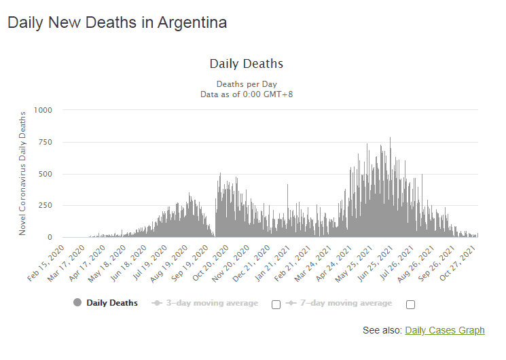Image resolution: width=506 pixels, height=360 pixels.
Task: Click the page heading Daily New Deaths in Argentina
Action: [117, 22]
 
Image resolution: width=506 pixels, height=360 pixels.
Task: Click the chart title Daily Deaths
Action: [246, 64]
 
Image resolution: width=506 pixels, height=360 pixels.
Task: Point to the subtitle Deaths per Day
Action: [246, 84]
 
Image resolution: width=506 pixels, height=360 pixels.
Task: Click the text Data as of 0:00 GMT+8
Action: [246, 94]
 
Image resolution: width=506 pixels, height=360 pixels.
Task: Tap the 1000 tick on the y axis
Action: [42, 110]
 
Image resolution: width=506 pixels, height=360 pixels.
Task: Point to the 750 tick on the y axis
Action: [44, 142]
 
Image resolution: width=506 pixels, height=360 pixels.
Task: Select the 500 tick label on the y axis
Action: [44, 174]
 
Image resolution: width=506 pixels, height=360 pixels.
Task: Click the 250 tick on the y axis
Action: [44, 206]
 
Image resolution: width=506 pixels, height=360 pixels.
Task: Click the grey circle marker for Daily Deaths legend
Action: [77, 303]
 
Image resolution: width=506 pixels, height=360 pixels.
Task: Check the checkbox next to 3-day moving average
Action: [276, 304]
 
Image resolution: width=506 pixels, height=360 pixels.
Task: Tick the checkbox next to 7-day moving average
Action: [410, 304]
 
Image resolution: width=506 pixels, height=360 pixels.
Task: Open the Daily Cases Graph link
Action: [445, 331]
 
